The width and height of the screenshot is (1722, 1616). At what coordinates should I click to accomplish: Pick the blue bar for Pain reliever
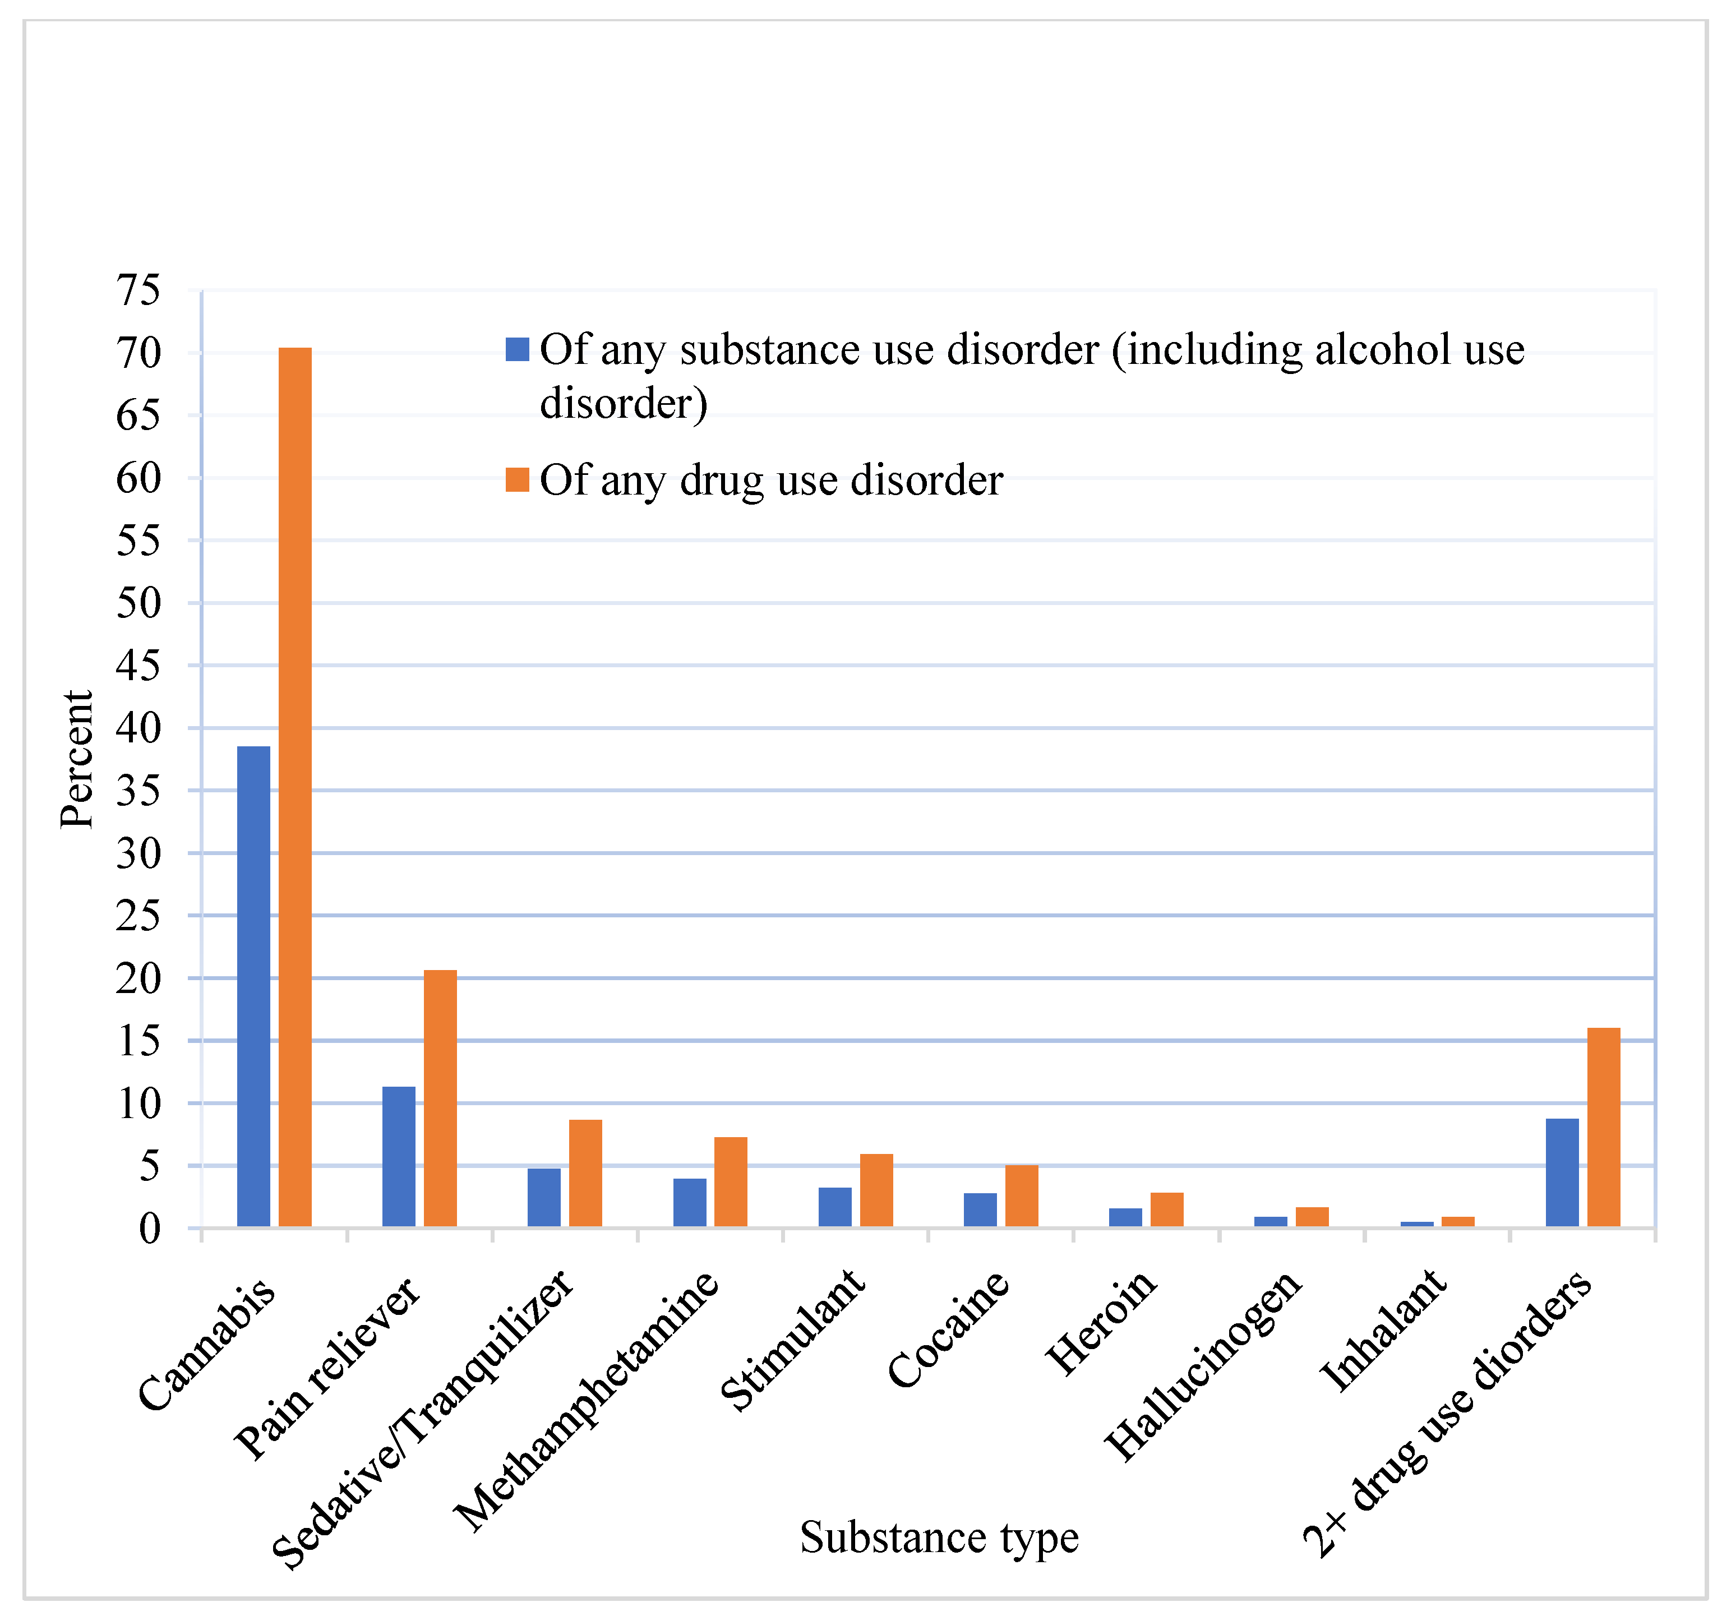coord(399,1156)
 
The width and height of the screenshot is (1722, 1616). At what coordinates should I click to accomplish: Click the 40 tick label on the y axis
coord(139,728)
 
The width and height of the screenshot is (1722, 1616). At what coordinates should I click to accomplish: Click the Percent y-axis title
coord(76,760)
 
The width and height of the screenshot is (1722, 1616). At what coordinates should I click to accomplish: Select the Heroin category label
coord(1101,1323)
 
